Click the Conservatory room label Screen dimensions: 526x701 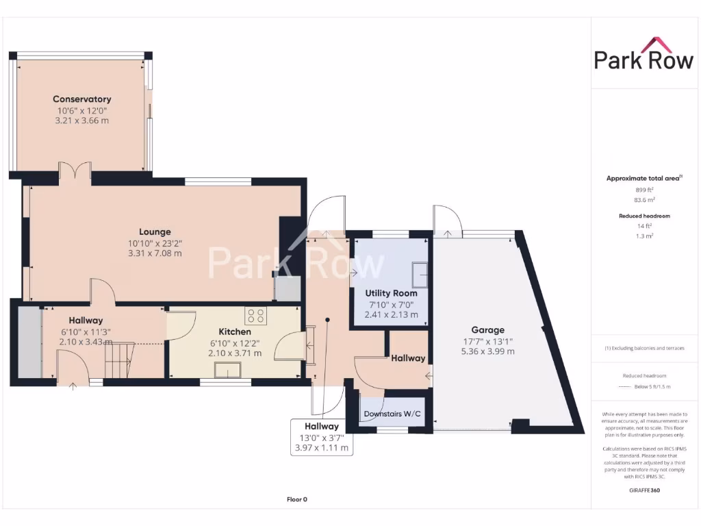[82, 99]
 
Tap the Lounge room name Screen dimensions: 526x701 [155, 231]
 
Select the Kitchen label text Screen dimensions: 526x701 [235, 331]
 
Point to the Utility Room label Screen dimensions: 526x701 [390, 293]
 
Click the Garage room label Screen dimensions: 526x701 [487, 329]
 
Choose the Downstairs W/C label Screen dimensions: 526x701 [392, 414]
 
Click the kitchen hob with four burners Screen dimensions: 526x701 [257, 316]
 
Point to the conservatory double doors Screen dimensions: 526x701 [75, 171]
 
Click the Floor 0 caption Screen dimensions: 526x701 [296, 499]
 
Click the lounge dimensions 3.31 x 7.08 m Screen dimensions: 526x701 [155, 253]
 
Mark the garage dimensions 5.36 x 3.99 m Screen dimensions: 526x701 [487, 351]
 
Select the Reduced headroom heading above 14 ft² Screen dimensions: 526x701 [644, 216]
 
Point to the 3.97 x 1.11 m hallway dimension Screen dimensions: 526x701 [322, 448]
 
